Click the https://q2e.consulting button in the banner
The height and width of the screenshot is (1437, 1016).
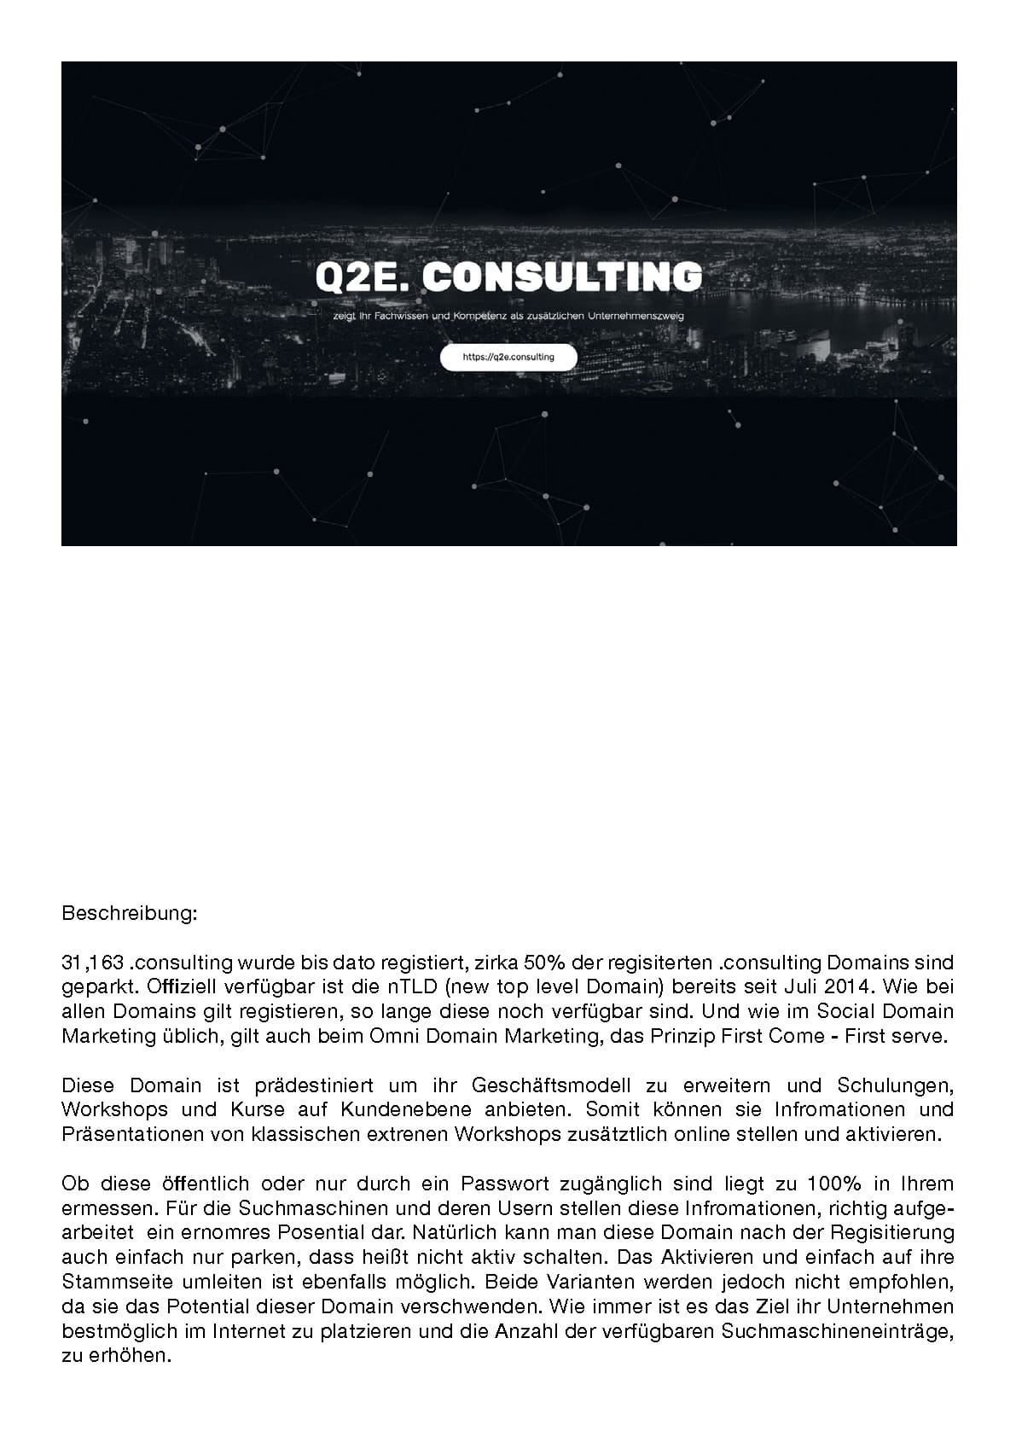click(x=508, y=358)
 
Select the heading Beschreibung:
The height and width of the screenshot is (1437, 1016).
click(x=130, y=914)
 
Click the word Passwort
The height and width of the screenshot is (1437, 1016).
click(x=502, y=1184)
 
